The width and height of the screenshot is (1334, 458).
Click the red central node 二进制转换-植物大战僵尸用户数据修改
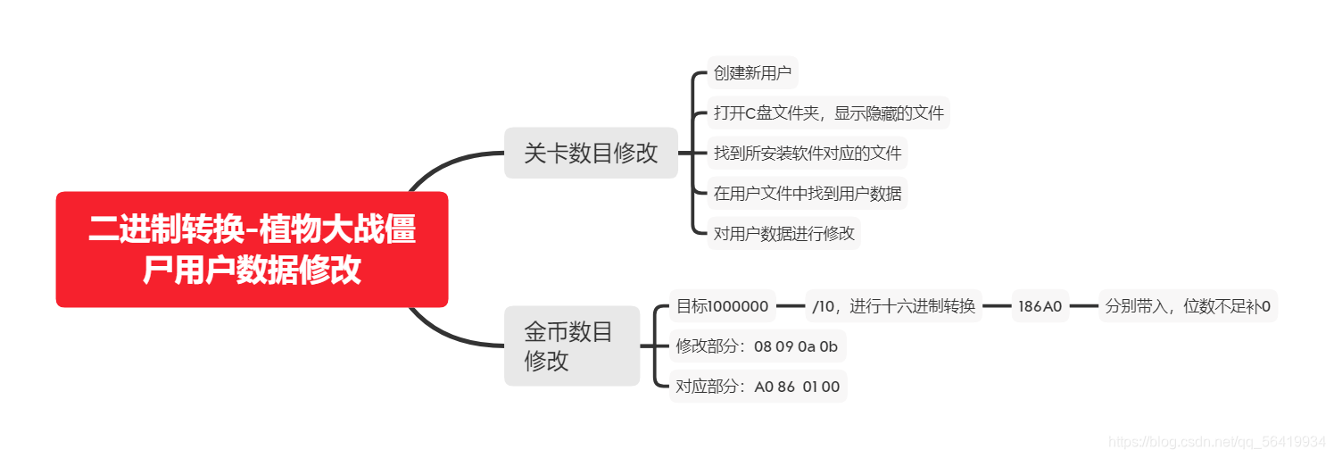[x=252, y=249]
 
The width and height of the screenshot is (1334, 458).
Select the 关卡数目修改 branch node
[x=591, y=153]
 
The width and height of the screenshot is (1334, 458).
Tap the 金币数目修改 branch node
[x=571, y=346]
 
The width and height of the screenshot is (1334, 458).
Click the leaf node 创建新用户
[x=752, y=73]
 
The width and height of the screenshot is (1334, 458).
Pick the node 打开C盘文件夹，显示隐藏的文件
[x=829, y=113]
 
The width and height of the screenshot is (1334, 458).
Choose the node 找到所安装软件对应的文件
[x=808, y=154]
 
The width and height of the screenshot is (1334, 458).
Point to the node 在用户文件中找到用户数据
[x=808, y=193]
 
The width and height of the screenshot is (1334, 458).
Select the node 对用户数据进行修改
[x=784, y=233]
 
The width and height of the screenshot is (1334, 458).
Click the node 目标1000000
[x=723, y=306]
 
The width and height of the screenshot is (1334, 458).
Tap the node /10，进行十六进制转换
[x=893, y=306]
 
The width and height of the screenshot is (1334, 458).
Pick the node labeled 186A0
[x=1040, y=306]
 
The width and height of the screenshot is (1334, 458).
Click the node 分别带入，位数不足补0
[x=1188, y=306]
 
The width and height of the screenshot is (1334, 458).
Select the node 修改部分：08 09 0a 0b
[x=757, y=346]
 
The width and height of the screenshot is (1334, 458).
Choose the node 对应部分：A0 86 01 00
[x=758, y=387]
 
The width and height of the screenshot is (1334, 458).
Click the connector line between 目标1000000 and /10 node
[x=791, y=306]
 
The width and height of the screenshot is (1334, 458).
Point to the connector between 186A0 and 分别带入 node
[x=1083, y=306]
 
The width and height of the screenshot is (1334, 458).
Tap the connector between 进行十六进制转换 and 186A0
[x=997, y=306]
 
